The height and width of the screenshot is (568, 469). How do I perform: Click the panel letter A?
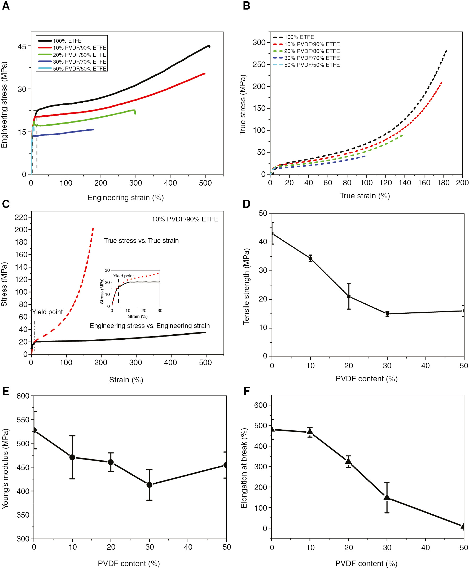pos(6,6)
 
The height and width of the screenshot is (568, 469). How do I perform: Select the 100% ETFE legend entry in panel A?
pos(67,41)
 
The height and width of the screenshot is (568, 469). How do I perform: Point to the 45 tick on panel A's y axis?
pos(22,47)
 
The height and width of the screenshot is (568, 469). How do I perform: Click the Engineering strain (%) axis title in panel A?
pos(125,198)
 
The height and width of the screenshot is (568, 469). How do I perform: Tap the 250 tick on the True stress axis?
pos(259,65)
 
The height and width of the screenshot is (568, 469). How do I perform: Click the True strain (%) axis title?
pos(365,196)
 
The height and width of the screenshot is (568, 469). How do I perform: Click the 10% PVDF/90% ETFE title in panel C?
pos(185,219)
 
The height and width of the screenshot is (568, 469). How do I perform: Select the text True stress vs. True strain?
pos(141,241)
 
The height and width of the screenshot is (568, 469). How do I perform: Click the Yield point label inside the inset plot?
pos(124,276)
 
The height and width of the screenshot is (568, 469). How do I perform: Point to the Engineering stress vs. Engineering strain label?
pos(150,326)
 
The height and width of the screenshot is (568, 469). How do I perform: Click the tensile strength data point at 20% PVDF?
pos(349,296)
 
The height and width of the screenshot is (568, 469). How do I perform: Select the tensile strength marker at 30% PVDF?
pos(387,314)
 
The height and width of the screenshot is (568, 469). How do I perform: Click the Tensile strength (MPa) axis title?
pos(246,286)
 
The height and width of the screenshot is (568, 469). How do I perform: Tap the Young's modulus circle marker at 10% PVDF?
pos(72,457)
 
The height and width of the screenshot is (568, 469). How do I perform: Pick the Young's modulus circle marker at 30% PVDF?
pos(149,485)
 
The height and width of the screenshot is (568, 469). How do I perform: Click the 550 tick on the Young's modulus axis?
pos(23,420)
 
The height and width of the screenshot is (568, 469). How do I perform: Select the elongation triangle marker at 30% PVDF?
pos(387,497)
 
